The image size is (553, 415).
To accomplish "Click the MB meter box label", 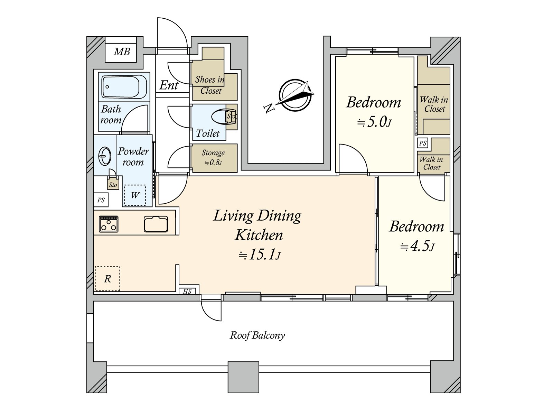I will (122, 52).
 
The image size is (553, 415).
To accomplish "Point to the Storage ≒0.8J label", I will (213, 158).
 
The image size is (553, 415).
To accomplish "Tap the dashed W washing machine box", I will (135, 195).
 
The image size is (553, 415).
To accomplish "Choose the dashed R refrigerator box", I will (107, 279).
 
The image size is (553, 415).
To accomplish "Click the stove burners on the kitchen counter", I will (109, 224).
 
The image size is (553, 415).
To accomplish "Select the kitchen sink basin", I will (156, 224).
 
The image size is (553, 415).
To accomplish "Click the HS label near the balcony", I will (187, 292).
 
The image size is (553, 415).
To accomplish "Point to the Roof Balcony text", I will (257, 335).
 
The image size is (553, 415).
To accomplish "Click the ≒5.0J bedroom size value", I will (374, 122).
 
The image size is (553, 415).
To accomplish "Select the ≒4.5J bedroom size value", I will (417, 247).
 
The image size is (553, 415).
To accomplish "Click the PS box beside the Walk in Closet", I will (422, 143).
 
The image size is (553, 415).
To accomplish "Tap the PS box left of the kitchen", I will (101, 200).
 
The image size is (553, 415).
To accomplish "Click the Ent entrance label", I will (169, 85).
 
